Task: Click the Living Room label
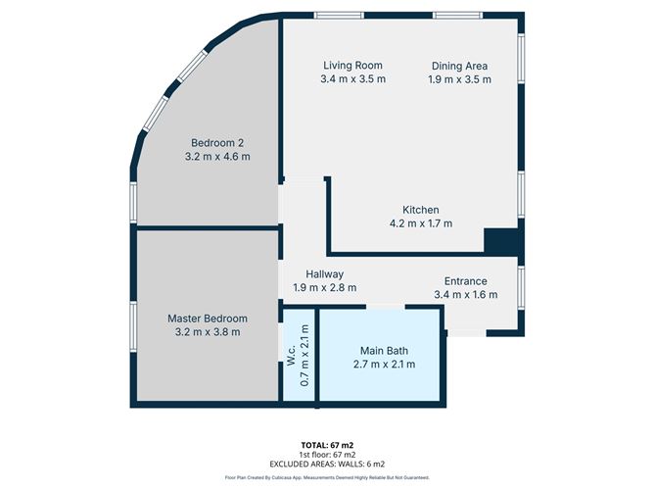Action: pos(352,66)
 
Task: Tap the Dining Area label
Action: pos(459,66)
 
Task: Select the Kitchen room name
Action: pos(421,210)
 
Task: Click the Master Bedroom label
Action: pos(207,319)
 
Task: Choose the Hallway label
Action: pos(324,274)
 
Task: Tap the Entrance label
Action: pos(465,280)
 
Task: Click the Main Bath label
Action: pos(383,350)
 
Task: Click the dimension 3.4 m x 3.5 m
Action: pos(352,79)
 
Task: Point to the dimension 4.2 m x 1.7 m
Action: pos(421,223)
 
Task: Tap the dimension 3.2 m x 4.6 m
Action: pos(217,156)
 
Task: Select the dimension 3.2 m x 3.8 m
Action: pos(207,332)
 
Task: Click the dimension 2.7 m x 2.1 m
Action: pos(383,364)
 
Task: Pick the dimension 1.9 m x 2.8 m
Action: pos(324,288)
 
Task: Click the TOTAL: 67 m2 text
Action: pos(327,444)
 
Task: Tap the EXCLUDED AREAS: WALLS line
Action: pos(327,463)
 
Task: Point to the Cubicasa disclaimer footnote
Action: pos(327,477)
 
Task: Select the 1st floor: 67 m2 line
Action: pos(327,454)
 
